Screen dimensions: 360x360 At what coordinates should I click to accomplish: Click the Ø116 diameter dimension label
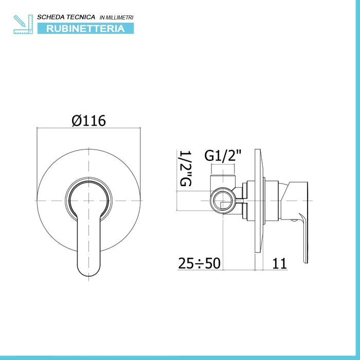88,121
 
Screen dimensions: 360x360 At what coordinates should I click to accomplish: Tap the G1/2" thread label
223,156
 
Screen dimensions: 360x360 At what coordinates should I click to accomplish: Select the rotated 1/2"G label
186,168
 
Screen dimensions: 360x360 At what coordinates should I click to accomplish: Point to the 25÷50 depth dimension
199,263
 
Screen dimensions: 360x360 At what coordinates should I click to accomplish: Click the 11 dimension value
279,263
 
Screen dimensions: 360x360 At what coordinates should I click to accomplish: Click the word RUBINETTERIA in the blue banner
85,29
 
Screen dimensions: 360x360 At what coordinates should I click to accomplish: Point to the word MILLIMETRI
119,17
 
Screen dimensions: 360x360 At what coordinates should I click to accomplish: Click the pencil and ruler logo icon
23,24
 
